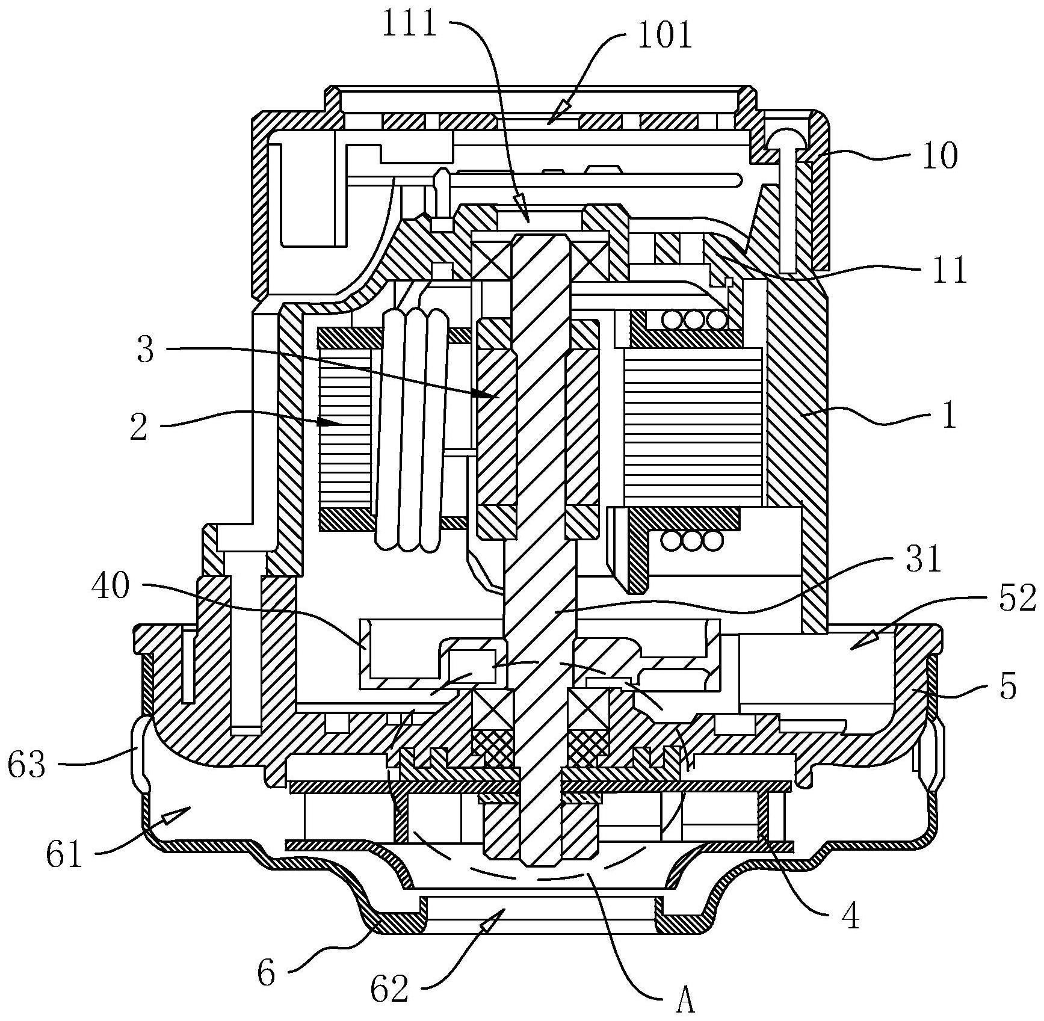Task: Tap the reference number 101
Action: point(665,35)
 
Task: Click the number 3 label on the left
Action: point(145,349)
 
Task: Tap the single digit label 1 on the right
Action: point(949,416)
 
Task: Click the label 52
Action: point(1018,599)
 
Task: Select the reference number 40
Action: point(111,585)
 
